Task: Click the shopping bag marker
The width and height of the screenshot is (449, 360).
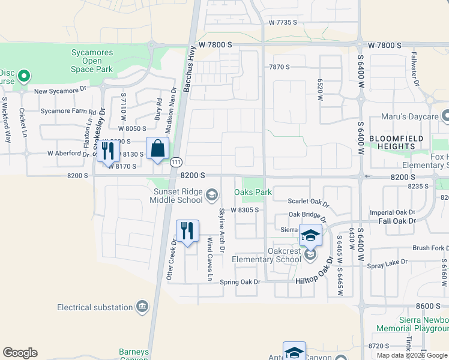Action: [157, 149]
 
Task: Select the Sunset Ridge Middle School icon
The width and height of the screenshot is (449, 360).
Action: [211, 194]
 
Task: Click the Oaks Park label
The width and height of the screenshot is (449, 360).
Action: [253, 193]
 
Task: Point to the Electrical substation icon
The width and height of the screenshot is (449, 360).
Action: [142, 307]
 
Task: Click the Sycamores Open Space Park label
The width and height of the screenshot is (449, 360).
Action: [89, 61]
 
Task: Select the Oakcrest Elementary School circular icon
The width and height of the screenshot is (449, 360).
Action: [310, 256]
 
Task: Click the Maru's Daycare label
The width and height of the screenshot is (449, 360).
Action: [411, 117]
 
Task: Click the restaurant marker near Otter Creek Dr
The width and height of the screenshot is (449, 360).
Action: [187, 231]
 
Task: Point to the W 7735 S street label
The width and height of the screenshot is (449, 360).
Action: [283, 22]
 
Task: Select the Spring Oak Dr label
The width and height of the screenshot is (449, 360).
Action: [241, 282]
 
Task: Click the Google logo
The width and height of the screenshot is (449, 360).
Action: [20, 353]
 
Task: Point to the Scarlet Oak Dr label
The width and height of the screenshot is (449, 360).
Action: [308, 202]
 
